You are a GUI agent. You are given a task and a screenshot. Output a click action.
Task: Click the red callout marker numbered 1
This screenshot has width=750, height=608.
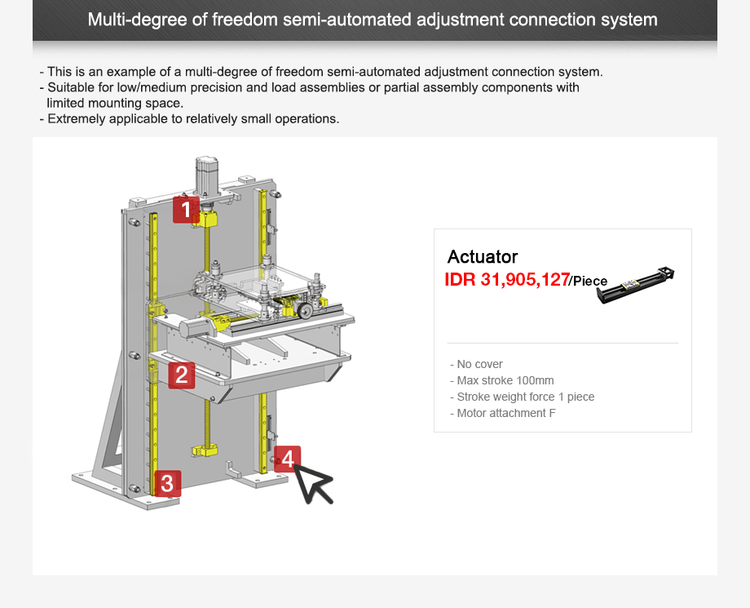tap(186, 210)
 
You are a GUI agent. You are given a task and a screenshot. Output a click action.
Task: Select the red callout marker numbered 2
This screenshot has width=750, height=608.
tap(182, 375)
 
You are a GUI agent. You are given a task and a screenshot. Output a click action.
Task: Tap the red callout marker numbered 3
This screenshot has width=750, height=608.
tap(167, 483)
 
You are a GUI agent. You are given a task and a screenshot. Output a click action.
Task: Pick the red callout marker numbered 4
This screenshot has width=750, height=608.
tap(287, 459)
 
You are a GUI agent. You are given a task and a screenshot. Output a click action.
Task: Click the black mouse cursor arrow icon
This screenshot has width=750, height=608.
tap(313, 483)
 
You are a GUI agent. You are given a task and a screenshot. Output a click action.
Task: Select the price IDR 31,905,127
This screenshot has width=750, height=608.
tap(506, 280)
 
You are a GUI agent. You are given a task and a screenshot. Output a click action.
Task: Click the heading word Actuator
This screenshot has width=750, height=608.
tap(483, 257)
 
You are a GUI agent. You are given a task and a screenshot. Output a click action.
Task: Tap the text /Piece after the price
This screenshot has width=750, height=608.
tap(589, 282)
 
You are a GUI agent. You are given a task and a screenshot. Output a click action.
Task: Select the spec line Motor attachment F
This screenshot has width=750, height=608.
tap(502, 413)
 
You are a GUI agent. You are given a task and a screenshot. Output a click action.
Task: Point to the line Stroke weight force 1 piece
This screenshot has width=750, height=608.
tap(523, 397)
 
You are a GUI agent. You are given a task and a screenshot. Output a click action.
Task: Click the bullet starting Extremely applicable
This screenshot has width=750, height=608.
tap(190, 118)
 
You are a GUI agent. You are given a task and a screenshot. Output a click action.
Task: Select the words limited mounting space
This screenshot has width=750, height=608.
tap(115, 103)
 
